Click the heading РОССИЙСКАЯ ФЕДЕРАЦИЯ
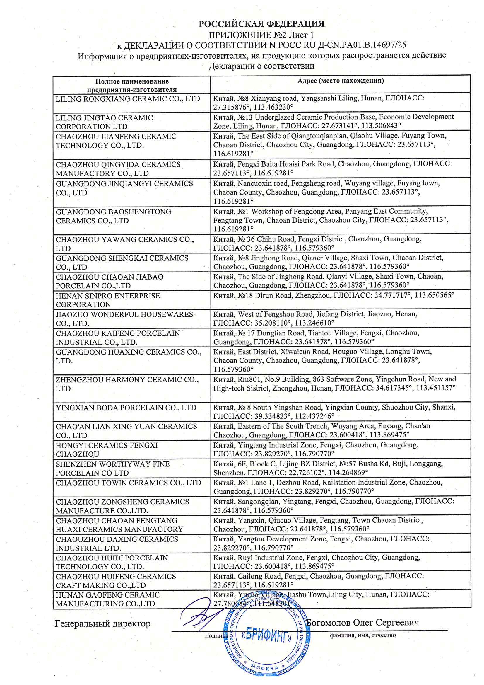pyautogui.click(x=261, y=24)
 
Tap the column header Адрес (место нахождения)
pyautogui.click(x=340, y=81)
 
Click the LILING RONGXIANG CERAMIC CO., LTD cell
pyautogui.click(x=128, y=99)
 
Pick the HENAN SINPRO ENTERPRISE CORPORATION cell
pyautogui.click(x=108, y=300)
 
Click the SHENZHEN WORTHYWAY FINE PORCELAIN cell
pyautogui.click(x=112, y=468)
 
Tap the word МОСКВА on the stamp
pyautogui.click(x=264, y=668)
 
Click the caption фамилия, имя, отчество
pyautogui.click(x=362, y=635)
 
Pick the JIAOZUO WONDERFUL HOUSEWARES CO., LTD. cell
pyautogui.click(x=124, y=319)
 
